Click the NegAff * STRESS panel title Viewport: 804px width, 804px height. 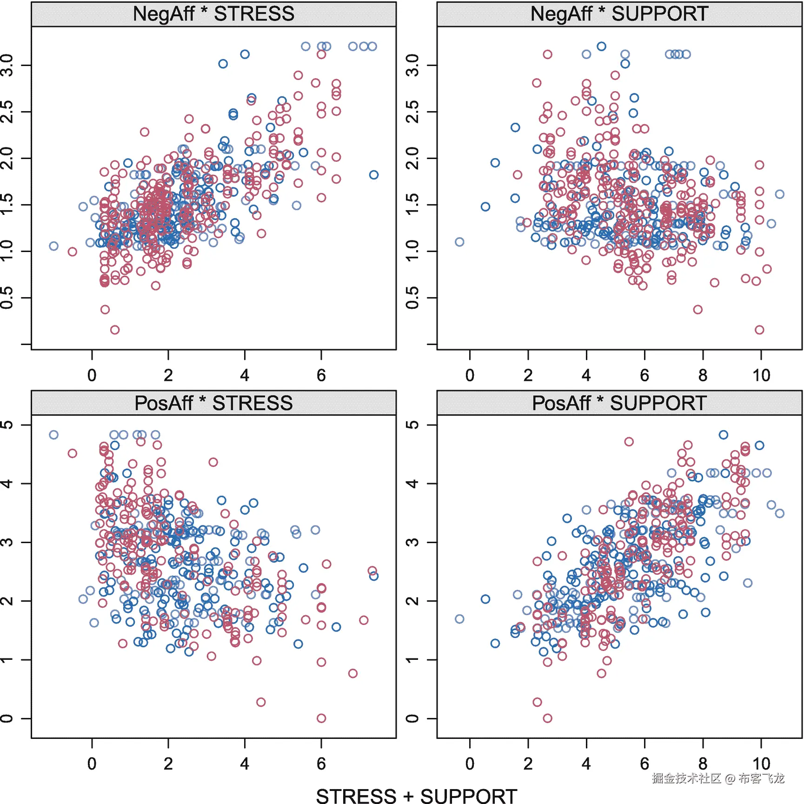(213, 14)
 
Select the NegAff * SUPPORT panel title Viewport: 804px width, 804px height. (619, 14)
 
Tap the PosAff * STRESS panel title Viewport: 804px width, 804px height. (213, 403)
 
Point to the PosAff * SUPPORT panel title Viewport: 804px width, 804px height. (619, 403)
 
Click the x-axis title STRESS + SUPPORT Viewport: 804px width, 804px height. (416, 795)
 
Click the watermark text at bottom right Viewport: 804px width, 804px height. (718, 778)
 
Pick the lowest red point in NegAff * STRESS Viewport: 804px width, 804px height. (115, 330)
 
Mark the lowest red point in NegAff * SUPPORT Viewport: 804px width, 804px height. (759, 330)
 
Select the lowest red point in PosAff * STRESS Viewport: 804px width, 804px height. (321, 718)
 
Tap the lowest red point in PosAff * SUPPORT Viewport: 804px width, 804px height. (548, 718)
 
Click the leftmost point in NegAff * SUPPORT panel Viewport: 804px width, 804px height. (459, 242)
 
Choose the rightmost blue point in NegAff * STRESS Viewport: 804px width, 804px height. (374, 175)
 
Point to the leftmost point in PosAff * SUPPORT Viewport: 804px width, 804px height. (459, 619)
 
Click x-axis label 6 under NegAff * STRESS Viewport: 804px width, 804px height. (321, 375)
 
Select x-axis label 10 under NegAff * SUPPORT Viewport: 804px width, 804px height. (761, 375)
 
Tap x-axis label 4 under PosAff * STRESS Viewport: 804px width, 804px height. (245, 764)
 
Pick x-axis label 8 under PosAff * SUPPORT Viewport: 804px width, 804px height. (703, 764)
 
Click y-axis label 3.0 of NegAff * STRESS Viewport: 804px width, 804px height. (7, 65)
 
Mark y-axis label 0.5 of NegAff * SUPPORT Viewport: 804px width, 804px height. (412, 298)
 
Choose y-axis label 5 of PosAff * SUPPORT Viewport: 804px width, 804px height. (412, 425)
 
